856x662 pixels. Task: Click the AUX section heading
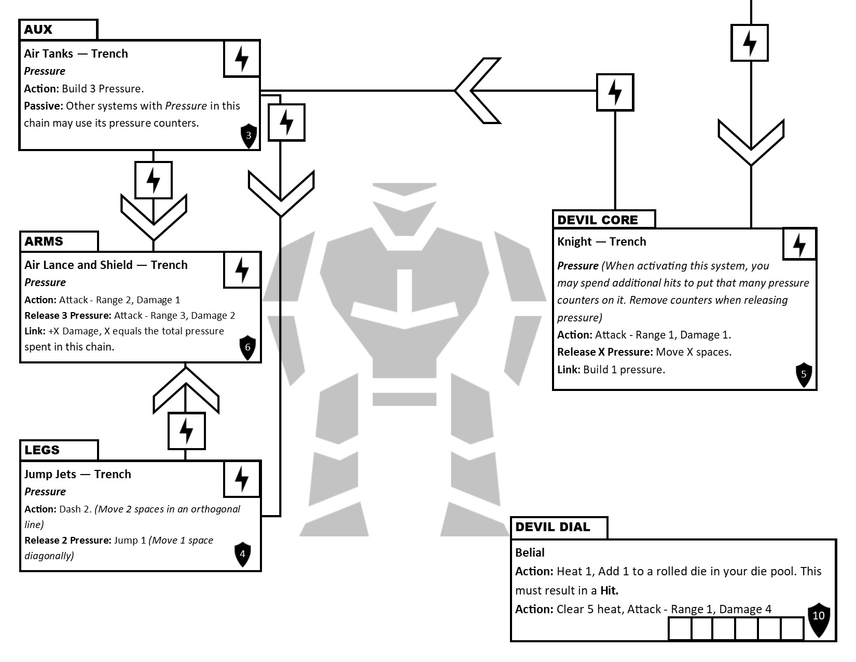pos(38,30)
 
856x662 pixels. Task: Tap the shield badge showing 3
pos(248,136)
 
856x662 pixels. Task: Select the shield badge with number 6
pos(247,347)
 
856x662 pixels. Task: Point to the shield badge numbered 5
pos(804,374)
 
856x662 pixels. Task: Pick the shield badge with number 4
pos(242,554)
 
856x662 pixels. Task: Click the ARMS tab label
pos(44,241)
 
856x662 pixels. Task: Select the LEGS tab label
pos(42,450)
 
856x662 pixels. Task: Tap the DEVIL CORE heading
pos(597,220)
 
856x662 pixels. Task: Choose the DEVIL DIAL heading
pos(553,527)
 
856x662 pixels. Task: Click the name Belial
pos(530,552)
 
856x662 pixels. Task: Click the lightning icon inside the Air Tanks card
pos(242,59)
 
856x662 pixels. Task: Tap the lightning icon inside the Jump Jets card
pos(242,479)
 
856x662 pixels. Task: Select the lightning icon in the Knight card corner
pos(799,245)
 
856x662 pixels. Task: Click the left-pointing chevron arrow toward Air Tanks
pos(476,91)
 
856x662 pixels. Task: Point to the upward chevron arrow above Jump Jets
pos(186,389)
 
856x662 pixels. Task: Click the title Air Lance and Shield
pos(78,265)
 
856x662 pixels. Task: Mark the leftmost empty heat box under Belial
pos(680,629)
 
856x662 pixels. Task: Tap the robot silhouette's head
pos(404,206)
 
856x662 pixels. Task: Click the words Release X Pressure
pos(604,352)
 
